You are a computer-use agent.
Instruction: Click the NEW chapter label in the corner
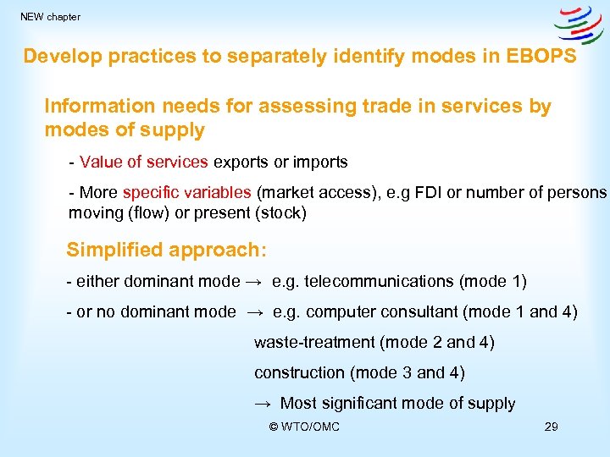50,17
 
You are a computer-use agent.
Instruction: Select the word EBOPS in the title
542,57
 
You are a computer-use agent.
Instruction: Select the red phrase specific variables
186,192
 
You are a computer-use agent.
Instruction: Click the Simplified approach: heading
166,251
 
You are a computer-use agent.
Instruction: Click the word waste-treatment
314,343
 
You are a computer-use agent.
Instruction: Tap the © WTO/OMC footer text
304,427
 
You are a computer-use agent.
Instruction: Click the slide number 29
551,427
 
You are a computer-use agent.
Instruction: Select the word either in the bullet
94,282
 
